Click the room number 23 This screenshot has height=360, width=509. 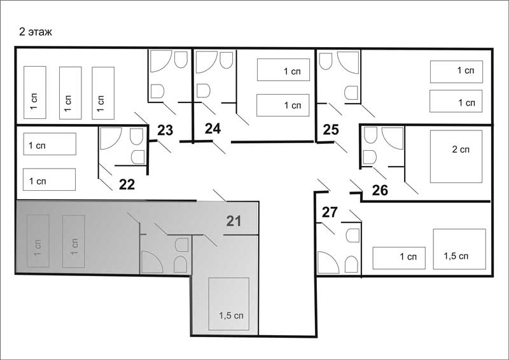click(x=165, y=130)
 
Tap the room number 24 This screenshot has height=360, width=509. click(x=213, y=128)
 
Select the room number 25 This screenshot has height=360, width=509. click(x=331, y=130)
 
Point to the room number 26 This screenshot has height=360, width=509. click(x=380, y=190)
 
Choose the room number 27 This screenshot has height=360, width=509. click(x=330, y=212)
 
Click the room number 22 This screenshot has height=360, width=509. click(x=127, y=184)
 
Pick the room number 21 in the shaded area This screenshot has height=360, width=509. click(x=234, y=221)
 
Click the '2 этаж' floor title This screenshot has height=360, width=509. click(x=36, y=32)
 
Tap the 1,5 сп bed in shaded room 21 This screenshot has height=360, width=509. click(x=229, y=304)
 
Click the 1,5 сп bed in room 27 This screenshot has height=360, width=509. click(x=459, y=249)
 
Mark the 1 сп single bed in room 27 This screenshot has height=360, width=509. click(x=399, y=258)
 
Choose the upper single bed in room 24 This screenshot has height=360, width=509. click(x=283, y=70)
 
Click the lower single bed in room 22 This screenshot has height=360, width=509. click(x=50, y=179)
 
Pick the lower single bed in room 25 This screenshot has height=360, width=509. click(x=456, y=101)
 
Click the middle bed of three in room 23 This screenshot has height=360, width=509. click(x=71, y=93)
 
